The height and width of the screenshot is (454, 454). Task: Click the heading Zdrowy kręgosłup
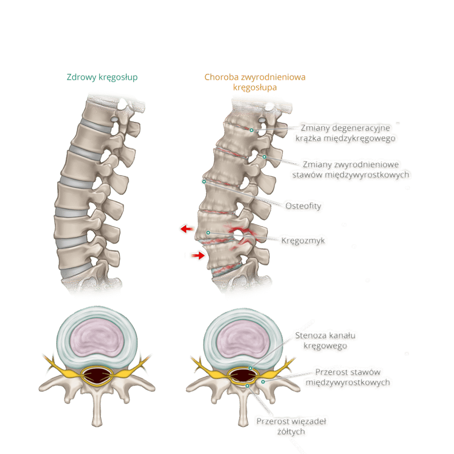[x=102, y=77]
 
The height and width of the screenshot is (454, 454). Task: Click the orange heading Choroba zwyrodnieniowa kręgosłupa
[x=255, y=82]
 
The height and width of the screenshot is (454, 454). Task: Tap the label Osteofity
[x=303, y=206]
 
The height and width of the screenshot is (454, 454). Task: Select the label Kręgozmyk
[x=303, y=240]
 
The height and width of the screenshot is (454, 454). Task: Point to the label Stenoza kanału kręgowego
[x=325, y=340]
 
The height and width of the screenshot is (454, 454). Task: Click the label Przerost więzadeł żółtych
[x=291, y=426]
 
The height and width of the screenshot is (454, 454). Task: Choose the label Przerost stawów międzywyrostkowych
[x=348, y=377]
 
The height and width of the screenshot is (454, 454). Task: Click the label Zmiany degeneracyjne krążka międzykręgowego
[x=345, y=133]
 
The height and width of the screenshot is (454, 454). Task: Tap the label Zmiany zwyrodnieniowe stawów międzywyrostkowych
[x=351, y=169]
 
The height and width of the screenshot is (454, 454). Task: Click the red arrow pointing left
[x=187, y=229]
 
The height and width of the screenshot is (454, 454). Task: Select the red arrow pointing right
[x=198, y=255]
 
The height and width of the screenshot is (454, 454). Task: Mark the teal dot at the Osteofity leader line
[x=204, y=181]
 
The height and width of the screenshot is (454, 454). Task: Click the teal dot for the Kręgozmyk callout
[x=208, y=233]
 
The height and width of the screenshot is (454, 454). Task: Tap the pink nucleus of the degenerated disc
[x=243, y=339]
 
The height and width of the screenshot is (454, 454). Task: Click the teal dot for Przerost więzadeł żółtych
[x=247, y=386]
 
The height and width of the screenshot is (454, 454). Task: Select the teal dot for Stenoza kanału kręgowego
[x=250, y=368]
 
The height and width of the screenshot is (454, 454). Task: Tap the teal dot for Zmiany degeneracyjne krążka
[x=252, y=130]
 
